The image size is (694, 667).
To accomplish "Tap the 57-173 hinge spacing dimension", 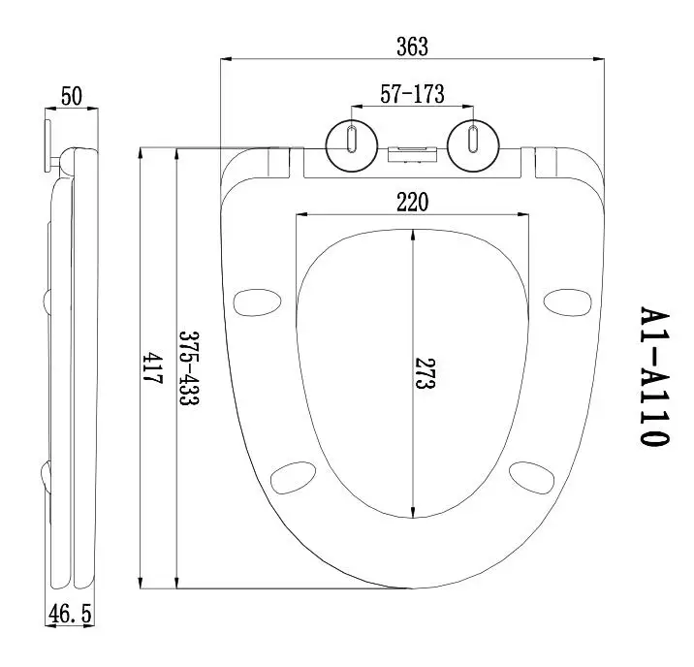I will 411,94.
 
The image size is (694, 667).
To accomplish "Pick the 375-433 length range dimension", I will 186,368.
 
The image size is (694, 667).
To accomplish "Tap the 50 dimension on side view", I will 71,96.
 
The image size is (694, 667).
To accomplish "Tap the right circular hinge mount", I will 472,143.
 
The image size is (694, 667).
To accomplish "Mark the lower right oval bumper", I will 533,478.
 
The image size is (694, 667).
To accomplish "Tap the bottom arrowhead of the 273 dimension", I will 414,513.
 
